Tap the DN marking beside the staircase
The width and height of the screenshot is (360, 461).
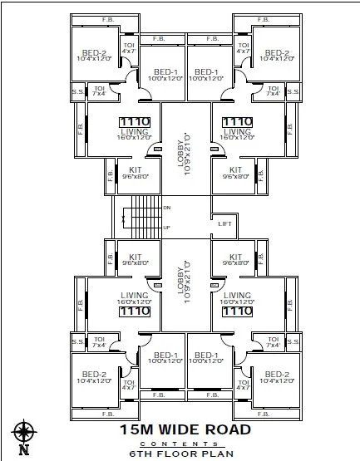[x=167, y=208]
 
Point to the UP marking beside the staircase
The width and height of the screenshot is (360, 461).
[x=167, y=227]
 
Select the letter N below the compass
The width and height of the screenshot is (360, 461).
[x=23, y=451]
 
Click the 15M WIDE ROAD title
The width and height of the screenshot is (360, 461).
[x=185, y=429]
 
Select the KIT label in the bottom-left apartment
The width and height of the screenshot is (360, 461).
[x=135, y=257]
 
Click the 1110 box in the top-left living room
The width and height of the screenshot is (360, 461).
[x=135, y=121]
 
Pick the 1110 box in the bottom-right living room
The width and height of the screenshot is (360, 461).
[x=237, y=311]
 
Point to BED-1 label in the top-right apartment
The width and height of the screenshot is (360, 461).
[x=205, y=73]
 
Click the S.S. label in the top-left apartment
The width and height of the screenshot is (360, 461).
[x=76, y=91]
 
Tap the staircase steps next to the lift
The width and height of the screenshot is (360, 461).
[x=146, y=217]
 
